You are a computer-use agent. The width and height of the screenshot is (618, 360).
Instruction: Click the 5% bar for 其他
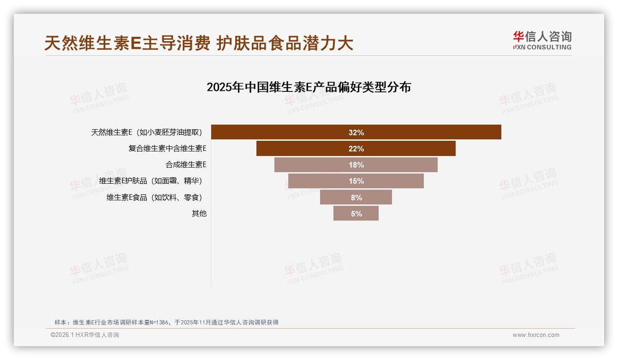[344, 214]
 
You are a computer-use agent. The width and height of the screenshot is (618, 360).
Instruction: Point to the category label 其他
[199, 214]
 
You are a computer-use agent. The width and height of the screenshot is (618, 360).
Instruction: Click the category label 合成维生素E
[186, 165]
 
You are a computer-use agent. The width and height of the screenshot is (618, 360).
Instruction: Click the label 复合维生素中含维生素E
[167, 149]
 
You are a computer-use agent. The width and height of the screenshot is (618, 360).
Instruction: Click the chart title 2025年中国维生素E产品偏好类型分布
[309, 87]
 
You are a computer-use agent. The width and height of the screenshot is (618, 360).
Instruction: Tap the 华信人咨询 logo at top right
[542, 41]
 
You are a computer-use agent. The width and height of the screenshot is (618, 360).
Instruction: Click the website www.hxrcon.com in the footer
[536, 335]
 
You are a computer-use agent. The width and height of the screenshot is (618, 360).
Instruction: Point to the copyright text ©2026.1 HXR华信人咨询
[85, 335]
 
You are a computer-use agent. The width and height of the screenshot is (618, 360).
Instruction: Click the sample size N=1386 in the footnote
[160, 323]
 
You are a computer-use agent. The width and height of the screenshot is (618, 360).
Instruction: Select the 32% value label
[356, 132]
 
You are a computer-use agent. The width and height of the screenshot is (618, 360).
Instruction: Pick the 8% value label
[356, 198]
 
